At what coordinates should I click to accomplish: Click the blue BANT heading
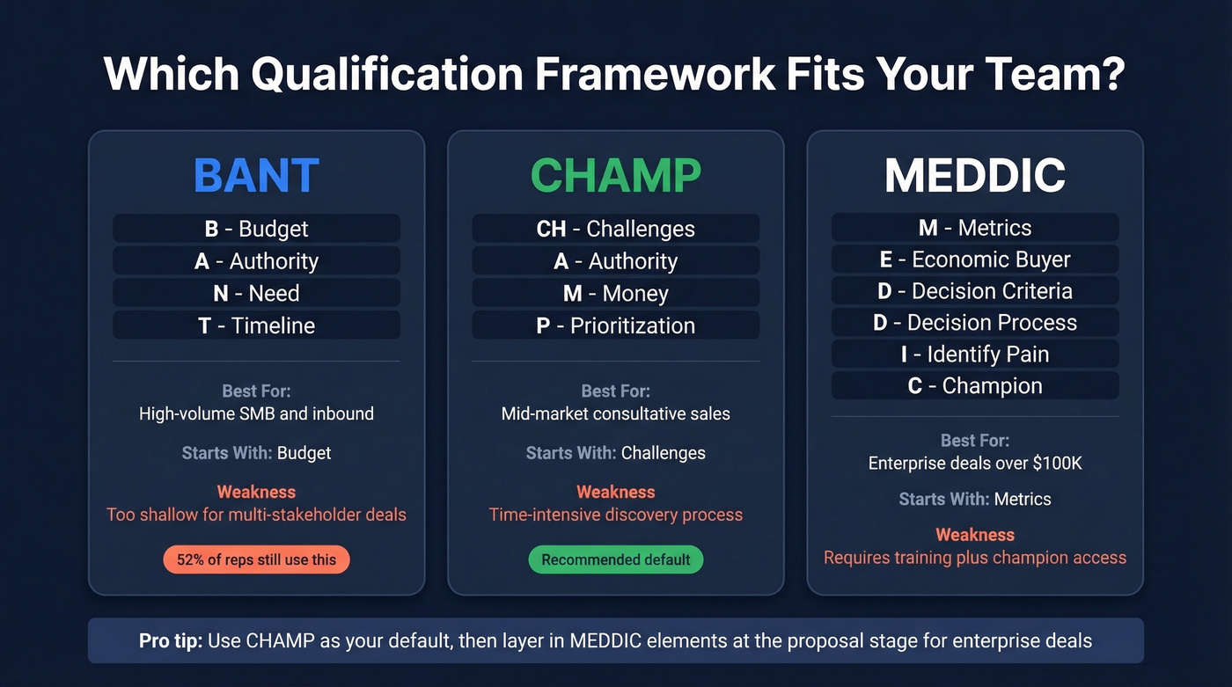coord(256,176)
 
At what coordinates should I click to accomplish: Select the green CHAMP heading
coord(615,176)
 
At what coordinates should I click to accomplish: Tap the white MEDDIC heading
coord(975,176)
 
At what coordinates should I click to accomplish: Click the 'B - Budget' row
coord(256,229)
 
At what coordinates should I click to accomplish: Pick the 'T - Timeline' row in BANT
coord(256,325)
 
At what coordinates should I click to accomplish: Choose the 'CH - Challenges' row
coord(615,229)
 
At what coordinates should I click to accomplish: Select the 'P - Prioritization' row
coord(615,325)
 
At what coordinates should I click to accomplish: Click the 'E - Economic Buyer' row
coord(975,259)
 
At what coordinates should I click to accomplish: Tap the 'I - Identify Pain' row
coord(975,354)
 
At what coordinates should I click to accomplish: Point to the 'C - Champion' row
coord(975,386)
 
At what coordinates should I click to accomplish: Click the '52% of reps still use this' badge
coord(256,559)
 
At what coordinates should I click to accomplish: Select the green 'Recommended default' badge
coord(615,559)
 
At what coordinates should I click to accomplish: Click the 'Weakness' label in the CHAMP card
coord(615,492)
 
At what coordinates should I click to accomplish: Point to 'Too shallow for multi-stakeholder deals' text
coord(256,515)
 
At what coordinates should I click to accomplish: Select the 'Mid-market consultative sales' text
coord(615,413)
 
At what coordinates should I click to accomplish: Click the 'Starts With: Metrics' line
coord(975,499)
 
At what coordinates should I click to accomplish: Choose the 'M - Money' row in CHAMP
coord(615,294)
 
